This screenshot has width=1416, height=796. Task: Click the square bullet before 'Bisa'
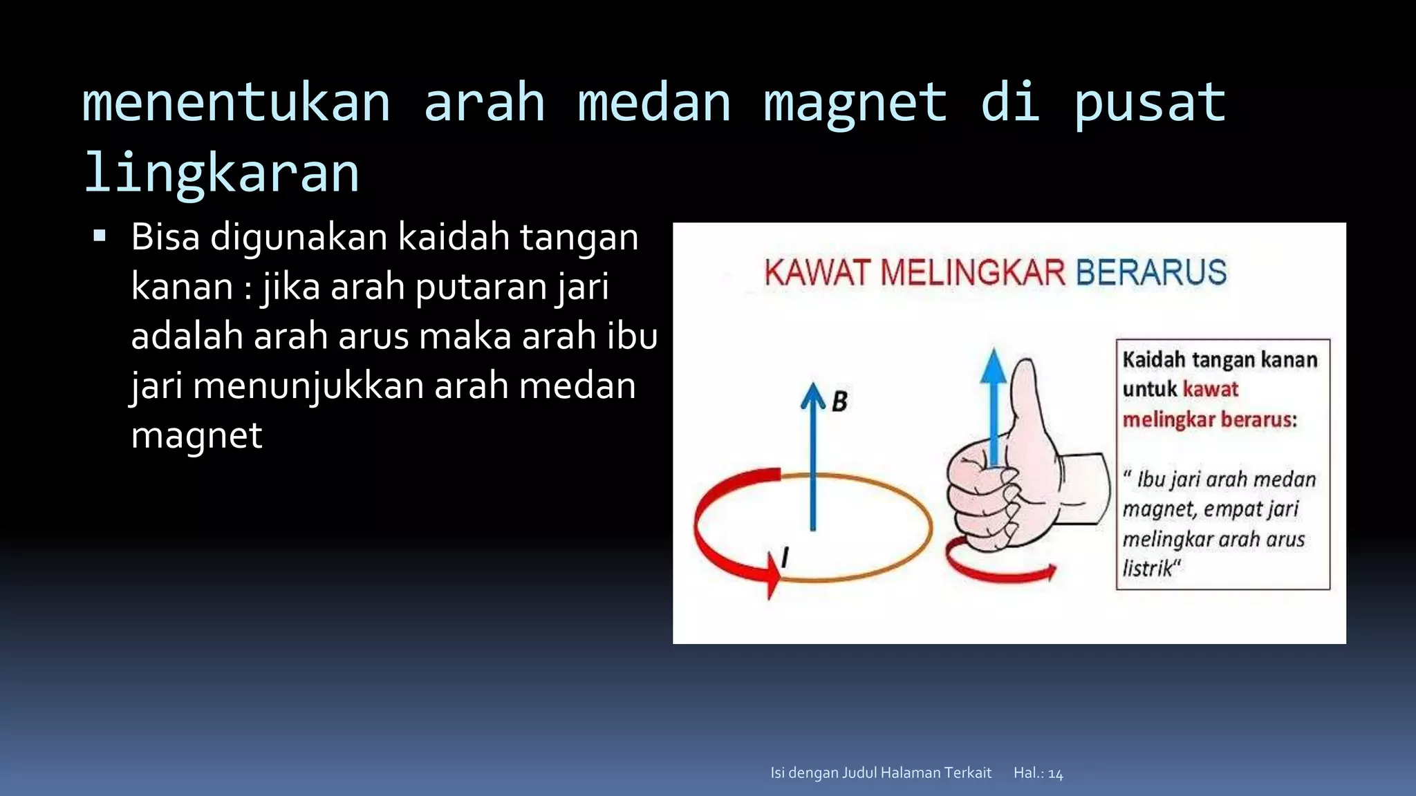click(x=100, y=236)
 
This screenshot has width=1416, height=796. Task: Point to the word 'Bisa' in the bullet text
click(x=165, y=237)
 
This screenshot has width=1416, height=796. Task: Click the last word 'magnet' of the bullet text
click(x=197, y=435)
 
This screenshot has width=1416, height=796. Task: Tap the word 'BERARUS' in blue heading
click(x=1151, y=272)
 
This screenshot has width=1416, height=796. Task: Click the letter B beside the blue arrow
click(x=839, y=401)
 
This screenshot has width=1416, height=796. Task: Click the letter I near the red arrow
click(x=785, y=557)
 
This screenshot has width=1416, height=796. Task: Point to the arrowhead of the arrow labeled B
click(x=813, y=396)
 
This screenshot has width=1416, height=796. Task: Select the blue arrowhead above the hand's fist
click(x=994, y=366)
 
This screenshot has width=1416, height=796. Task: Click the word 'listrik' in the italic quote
click(x=1148, y=569)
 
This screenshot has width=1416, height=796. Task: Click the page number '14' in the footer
click(x=1055, y=774)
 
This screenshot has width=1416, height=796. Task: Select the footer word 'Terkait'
click(x=966, y=773)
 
